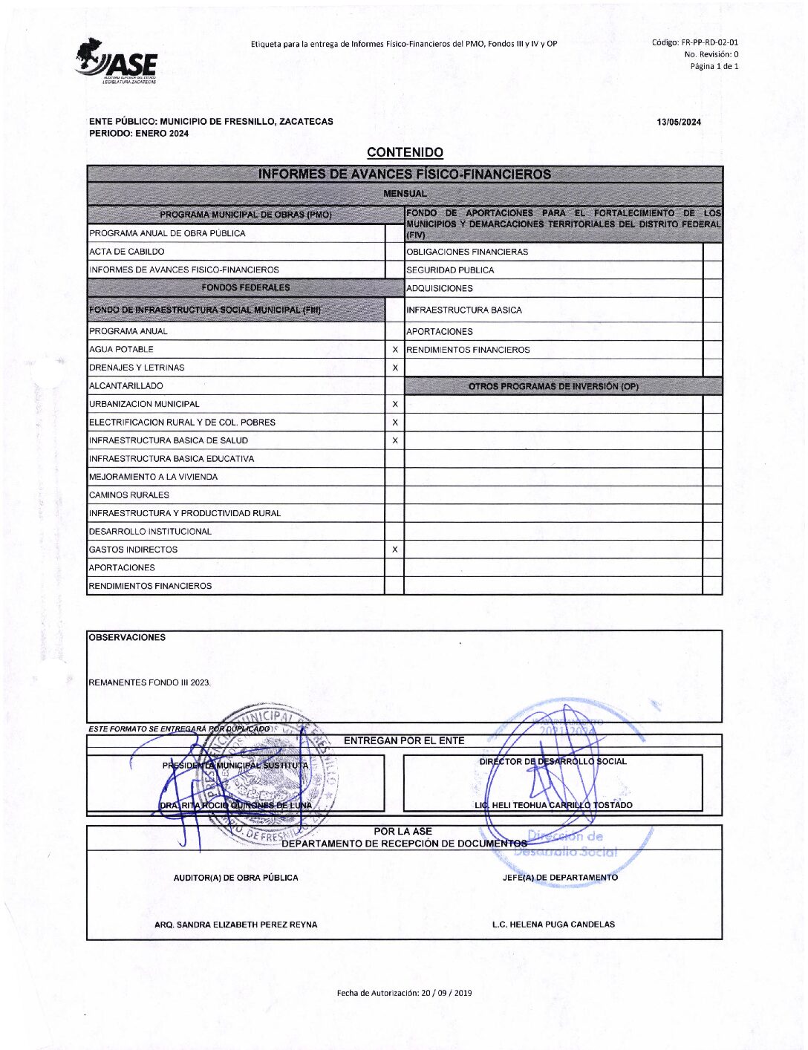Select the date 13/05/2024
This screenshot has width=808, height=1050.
pyautogui.click(x=678, y=123)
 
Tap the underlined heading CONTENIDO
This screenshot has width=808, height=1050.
pyautogui.click(x=405, y=152)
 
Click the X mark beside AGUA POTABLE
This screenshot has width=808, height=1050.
pyautogui.click(x=394, y=350)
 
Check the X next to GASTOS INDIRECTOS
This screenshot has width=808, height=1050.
pyautogui.click(x=394, y=550)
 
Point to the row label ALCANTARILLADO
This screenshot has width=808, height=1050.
pyautogui.click(x=126, y=386)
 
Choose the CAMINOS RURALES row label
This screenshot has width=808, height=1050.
pyautogui.click(x=128, y=495)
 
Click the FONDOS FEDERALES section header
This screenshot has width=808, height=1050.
pyautogui.click(x=245, y=287)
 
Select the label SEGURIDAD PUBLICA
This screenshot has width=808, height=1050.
pyautogui.click(x=450, y=270)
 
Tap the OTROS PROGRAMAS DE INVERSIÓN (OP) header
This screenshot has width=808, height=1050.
pyautogui.click(x=553, y=386)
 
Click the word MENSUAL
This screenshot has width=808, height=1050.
pyautogui.click(x=405, y=194)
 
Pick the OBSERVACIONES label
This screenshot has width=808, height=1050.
pyautogui.click(x=127, y=637)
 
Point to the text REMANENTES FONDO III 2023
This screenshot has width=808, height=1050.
pyautogui.click(x=149, y=682)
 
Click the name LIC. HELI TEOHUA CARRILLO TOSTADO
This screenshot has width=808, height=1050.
pyautogui.click(x=553, y=805)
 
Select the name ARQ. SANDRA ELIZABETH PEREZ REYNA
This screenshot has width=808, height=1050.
pyautogui.click(x=235, y=925)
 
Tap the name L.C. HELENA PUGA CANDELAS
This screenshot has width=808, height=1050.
pyautogui.click(x=553, y=925)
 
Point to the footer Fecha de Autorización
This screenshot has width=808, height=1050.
pyautogui.click(x=404, y=993)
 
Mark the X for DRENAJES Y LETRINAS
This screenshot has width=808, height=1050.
pyautogui.click(x=394, y=368)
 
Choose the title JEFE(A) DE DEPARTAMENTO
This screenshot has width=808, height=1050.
pyautogui.click(x=560, y=878)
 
